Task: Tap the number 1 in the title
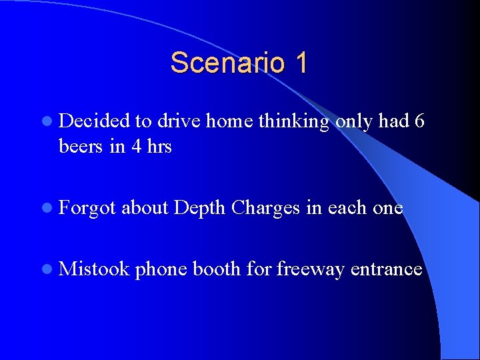point(300,63)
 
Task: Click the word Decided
point(94,121)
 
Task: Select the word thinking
point(293,122)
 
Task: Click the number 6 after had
point(418,121)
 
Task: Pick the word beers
point(81,146)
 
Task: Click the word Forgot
point(87,209)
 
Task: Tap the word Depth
point(199,209)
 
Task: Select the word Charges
point(265,209)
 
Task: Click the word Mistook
point(94,269)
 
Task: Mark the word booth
point(216,269)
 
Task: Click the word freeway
point(310,270)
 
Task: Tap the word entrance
point(386,269)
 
